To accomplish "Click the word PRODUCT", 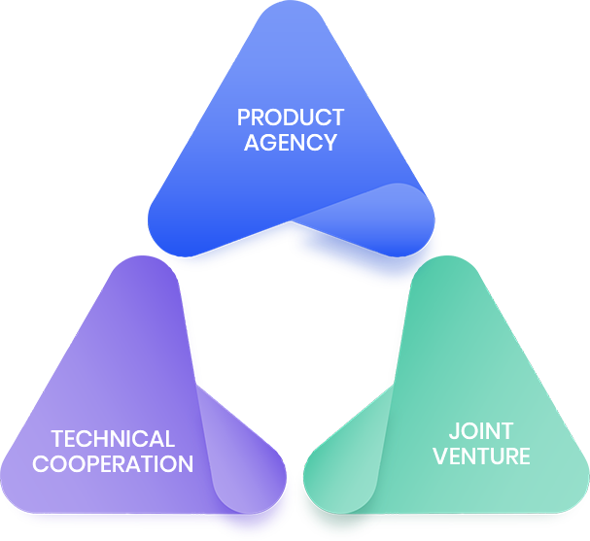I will (291, 118).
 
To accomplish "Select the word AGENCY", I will (291, 142).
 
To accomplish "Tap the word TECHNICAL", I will (113, 439).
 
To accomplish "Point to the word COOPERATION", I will (113, 463).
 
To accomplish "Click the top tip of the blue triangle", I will (291, 6).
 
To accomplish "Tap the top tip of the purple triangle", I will (146, 262).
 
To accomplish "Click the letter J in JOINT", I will (453, 430).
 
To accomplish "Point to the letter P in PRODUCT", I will (244, 118).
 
